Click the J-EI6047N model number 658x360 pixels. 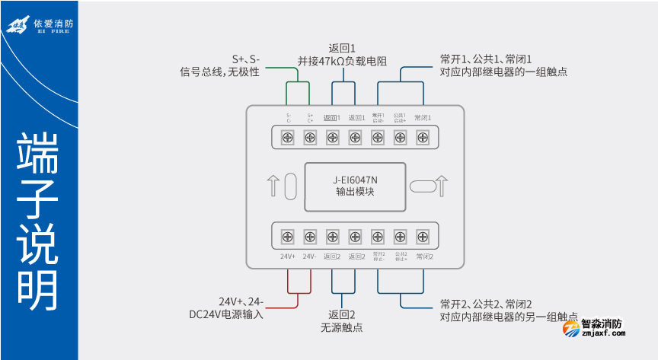(x=355, y=180)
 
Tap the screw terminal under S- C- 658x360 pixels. (x=289, y=137)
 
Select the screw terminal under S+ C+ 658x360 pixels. (x=310, y=137)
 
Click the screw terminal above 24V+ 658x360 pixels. (x=289, y=235)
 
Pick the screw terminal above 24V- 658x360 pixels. (x=310, y=235)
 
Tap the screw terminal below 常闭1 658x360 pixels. (x=423, y=137)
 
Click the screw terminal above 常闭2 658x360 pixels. (x=423, y=235)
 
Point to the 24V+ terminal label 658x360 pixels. (x=288, y=256)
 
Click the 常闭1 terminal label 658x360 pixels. (x=423, y=118)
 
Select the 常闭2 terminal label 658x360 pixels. (x=423, y=256)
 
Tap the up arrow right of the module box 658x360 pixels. (x=442, y=186)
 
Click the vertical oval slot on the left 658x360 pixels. (x=290, y=186)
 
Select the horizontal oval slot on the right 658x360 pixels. (x=420, y=186)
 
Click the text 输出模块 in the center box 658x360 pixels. (x=355, y=193)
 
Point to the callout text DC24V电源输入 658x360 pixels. (x=226, y=314)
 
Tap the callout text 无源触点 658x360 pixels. (x=342, y=327)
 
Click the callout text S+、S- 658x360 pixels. (x=246, y=58)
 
